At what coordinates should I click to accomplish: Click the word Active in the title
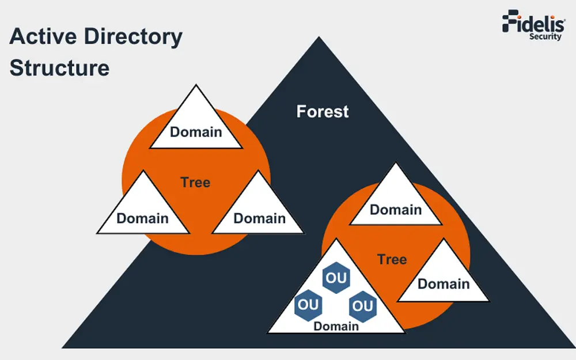point(44,37)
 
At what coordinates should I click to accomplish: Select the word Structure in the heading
point(59,68)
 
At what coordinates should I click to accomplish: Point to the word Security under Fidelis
point(545,37)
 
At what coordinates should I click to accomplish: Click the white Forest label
point(323,111)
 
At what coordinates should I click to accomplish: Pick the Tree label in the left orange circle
point(195,183)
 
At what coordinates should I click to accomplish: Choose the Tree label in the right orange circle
point(392,259)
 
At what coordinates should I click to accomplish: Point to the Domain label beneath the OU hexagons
point(336,326)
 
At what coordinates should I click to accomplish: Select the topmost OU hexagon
point(336,278)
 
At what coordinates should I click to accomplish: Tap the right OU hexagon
point(363,306)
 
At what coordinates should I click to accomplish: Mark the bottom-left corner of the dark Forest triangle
point(63,347)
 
